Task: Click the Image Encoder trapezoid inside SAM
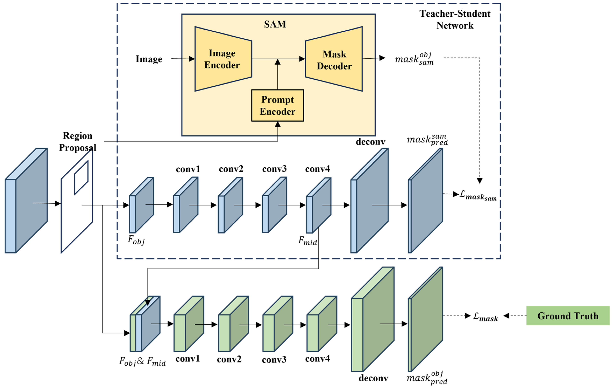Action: coord(223,59)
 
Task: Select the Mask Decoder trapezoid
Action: coord(334,60)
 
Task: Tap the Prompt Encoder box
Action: coord(277,106)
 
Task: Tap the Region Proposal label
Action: coord(78,142)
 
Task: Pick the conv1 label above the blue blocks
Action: coord(188,169)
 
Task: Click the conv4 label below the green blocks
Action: coord(318,359)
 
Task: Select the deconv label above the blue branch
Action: coord(370,142)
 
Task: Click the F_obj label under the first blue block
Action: coord(136,240)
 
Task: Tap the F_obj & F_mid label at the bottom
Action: coord(142,361)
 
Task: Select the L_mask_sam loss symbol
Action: coord(478,196)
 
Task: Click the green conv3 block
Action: coord(277,324)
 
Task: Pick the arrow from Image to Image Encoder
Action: coord(183,59)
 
